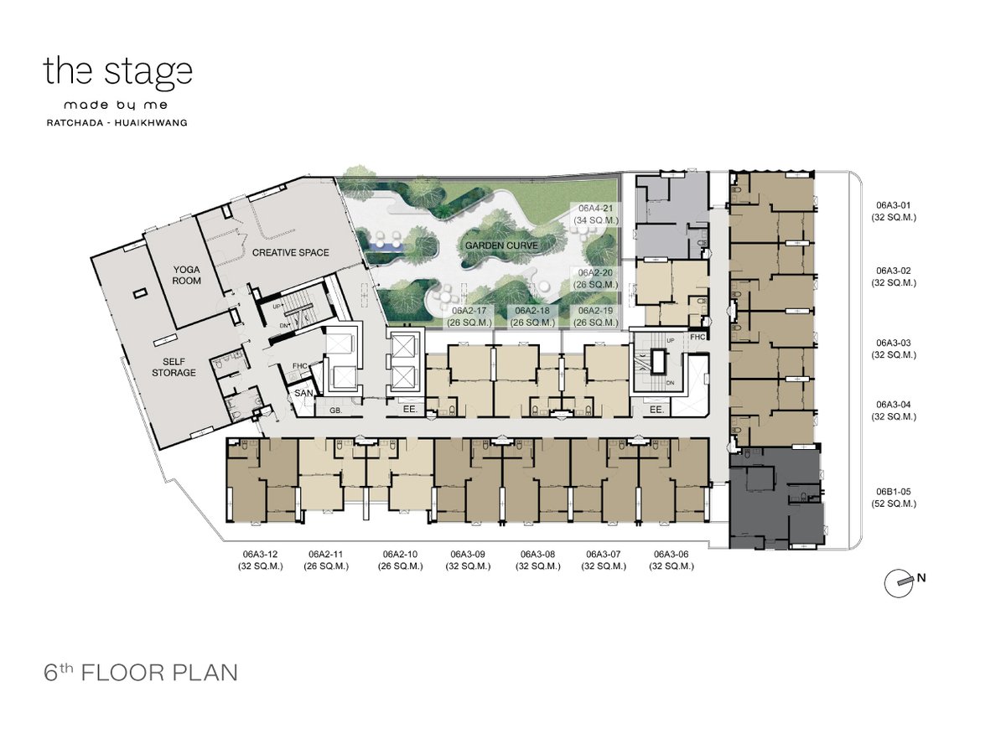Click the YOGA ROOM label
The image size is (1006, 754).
coord(187,275)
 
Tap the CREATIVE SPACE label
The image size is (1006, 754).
coord(291,253)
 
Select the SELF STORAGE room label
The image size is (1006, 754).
coord(174,367)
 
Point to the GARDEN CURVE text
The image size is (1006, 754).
coord(501,245)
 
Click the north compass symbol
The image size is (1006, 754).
coord(900,583)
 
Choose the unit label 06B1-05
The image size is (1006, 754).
coord(894,498)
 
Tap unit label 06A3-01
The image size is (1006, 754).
coord(894,211)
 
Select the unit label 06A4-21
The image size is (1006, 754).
coord(596,214)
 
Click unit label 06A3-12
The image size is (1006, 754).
coord(261,560)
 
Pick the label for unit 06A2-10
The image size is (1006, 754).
coord(400,560)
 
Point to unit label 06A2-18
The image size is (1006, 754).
coord(532,317)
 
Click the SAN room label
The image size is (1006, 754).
coord(303,393)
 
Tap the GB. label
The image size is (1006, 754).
coord(336,411)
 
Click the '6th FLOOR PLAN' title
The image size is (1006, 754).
coord(141,673)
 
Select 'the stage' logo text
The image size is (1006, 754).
coord(118,71)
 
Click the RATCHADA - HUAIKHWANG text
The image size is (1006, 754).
coord(117,122)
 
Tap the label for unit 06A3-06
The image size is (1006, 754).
coord(671,560)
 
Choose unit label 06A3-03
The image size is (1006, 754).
coord(894,349)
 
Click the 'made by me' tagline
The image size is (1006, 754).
coord(116,106)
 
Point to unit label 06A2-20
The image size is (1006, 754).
coord(596,278)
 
